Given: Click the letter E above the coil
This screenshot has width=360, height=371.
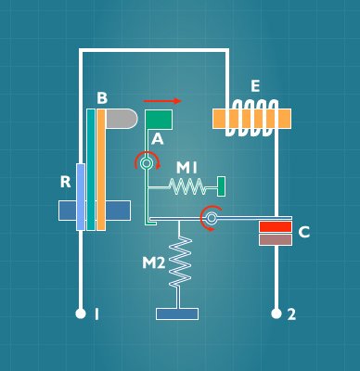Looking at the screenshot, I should [254, 86].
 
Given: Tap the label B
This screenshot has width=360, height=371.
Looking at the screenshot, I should [102, 97].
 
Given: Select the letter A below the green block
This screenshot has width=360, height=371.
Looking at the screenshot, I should [157, 138].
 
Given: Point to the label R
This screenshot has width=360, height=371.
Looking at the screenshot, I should [65, 182].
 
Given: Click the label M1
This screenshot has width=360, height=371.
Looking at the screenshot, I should [188, 167].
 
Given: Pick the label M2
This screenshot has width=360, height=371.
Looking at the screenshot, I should [154, 264].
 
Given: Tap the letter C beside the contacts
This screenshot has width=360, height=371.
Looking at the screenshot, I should [303, 233].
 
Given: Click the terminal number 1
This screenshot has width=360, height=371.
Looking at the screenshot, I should [96, 314].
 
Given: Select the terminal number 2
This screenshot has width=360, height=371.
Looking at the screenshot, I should [291, 314].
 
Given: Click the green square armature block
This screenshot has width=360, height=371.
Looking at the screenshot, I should [160, 120].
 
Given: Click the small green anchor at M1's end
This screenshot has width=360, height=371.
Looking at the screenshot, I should [222, 186].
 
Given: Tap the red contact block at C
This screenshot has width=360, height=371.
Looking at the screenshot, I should [276, 226].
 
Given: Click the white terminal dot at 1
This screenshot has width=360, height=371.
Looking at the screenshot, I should [80, 313].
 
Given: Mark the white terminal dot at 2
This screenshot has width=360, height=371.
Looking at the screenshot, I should [276, 313].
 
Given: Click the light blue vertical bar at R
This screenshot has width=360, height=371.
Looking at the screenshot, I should [81, 196].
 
